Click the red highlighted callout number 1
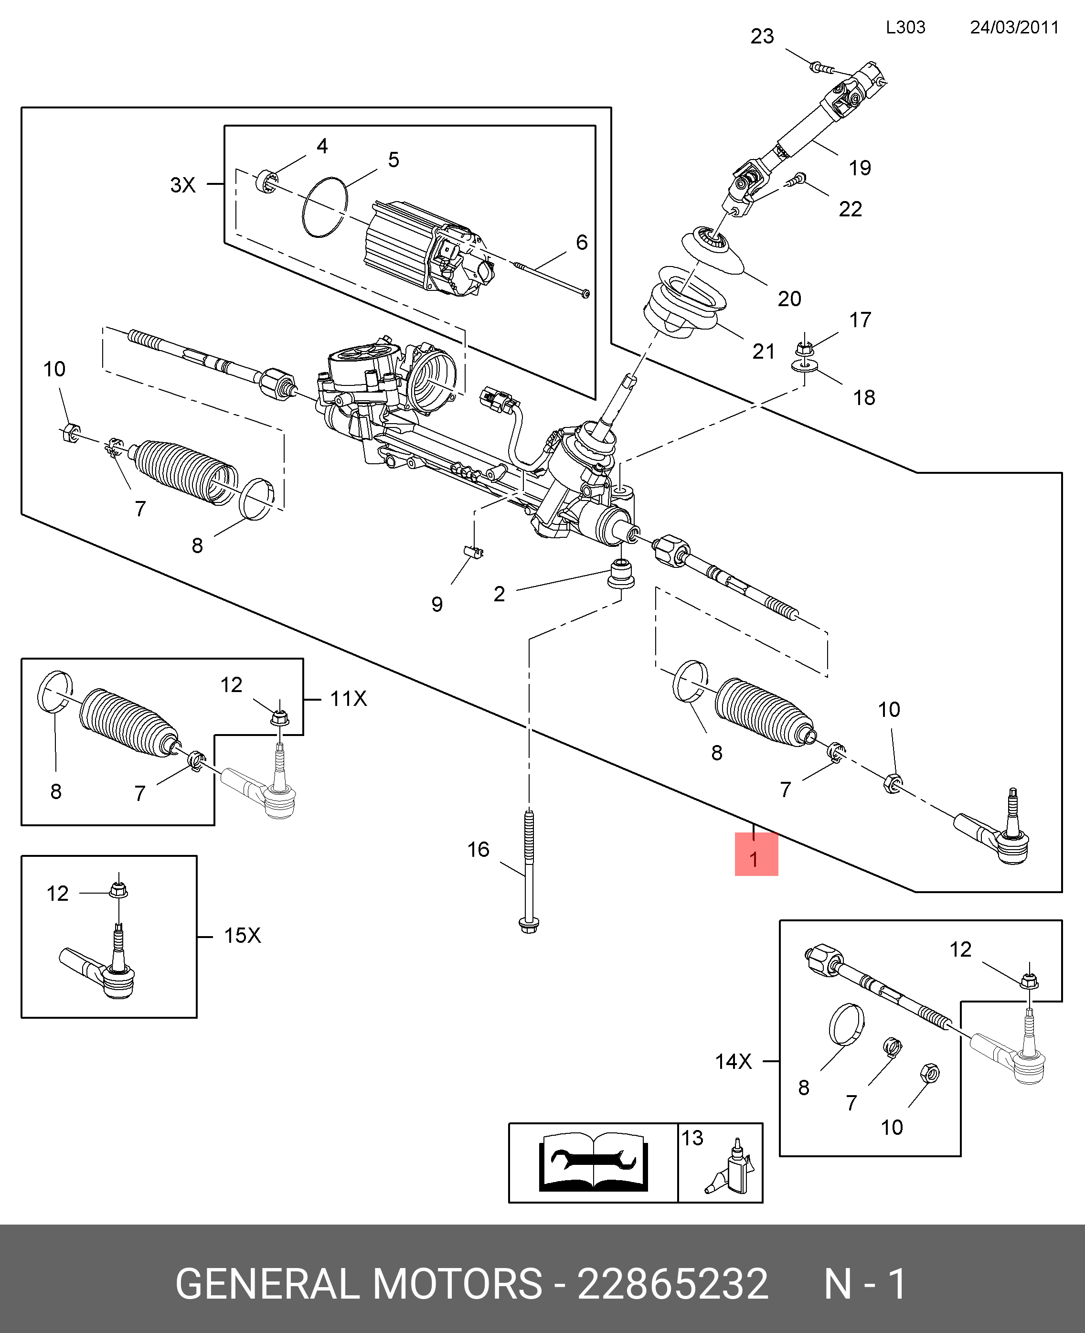pos(755,859)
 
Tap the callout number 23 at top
pos(762,37)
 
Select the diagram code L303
pos(905,28)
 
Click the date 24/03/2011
pos(1014,28)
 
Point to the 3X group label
pos(183,185)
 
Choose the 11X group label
pos(348,699)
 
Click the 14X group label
pos(733,1061)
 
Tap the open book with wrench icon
pos(593,1162)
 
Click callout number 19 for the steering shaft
pos(860,168)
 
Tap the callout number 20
pos(789,299)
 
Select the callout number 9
pos(437,604)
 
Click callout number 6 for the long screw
pos(581,243)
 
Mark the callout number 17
pos(860,320)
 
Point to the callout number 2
pos(499,594)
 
